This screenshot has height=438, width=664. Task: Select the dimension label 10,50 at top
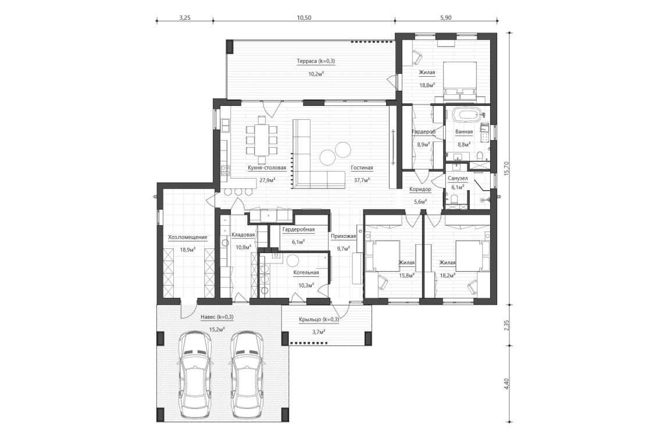click(x=304, y=18)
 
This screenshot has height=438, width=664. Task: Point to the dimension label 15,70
click(x=507, y=169)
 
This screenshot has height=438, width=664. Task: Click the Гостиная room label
click(x=361, y=168)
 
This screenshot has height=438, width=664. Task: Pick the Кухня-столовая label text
click(x=267, y=168)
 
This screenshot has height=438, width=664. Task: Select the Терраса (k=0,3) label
click(x=316, y=61)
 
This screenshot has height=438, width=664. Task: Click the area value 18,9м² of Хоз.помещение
click(x=187, y=250)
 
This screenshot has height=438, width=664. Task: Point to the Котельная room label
click(x=306, y=273)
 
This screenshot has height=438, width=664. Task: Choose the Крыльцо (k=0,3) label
click(x=319, y=319)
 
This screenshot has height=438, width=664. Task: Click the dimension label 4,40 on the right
click(x=507, y=384)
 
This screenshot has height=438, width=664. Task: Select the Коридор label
click(x=419, y=190)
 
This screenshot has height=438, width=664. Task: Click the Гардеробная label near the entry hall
click(x=298, y=230)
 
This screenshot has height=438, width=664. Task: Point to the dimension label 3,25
click(x=184, y=18)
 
